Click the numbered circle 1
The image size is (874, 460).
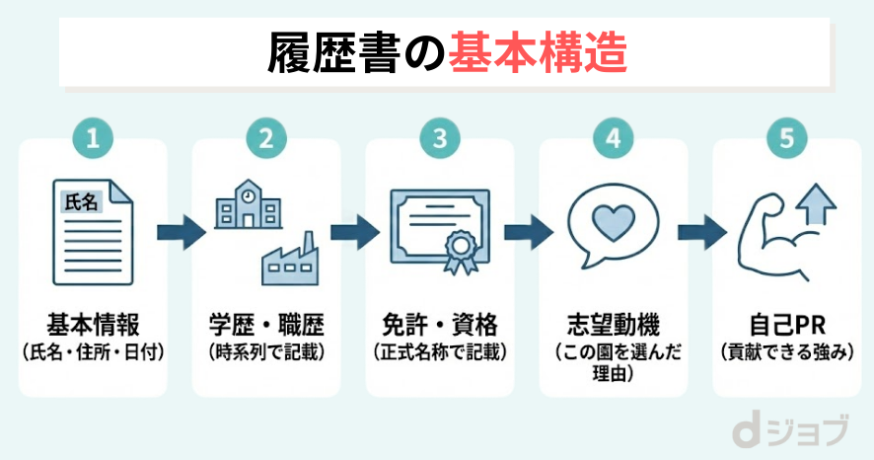tap(93, 138)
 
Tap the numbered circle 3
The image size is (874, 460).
tap(439, 138)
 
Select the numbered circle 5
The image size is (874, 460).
tap(786, 138)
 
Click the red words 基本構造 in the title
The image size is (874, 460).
tap(538, 51)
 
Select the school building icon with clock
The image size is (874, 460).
tap(246, 208)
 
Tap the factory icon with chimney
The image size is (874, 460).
tap(288, 259)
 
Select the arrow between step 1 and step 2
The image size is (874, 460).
tap(180, 233)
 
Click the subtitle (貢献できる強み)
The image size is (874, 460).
tap(786, 350)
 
